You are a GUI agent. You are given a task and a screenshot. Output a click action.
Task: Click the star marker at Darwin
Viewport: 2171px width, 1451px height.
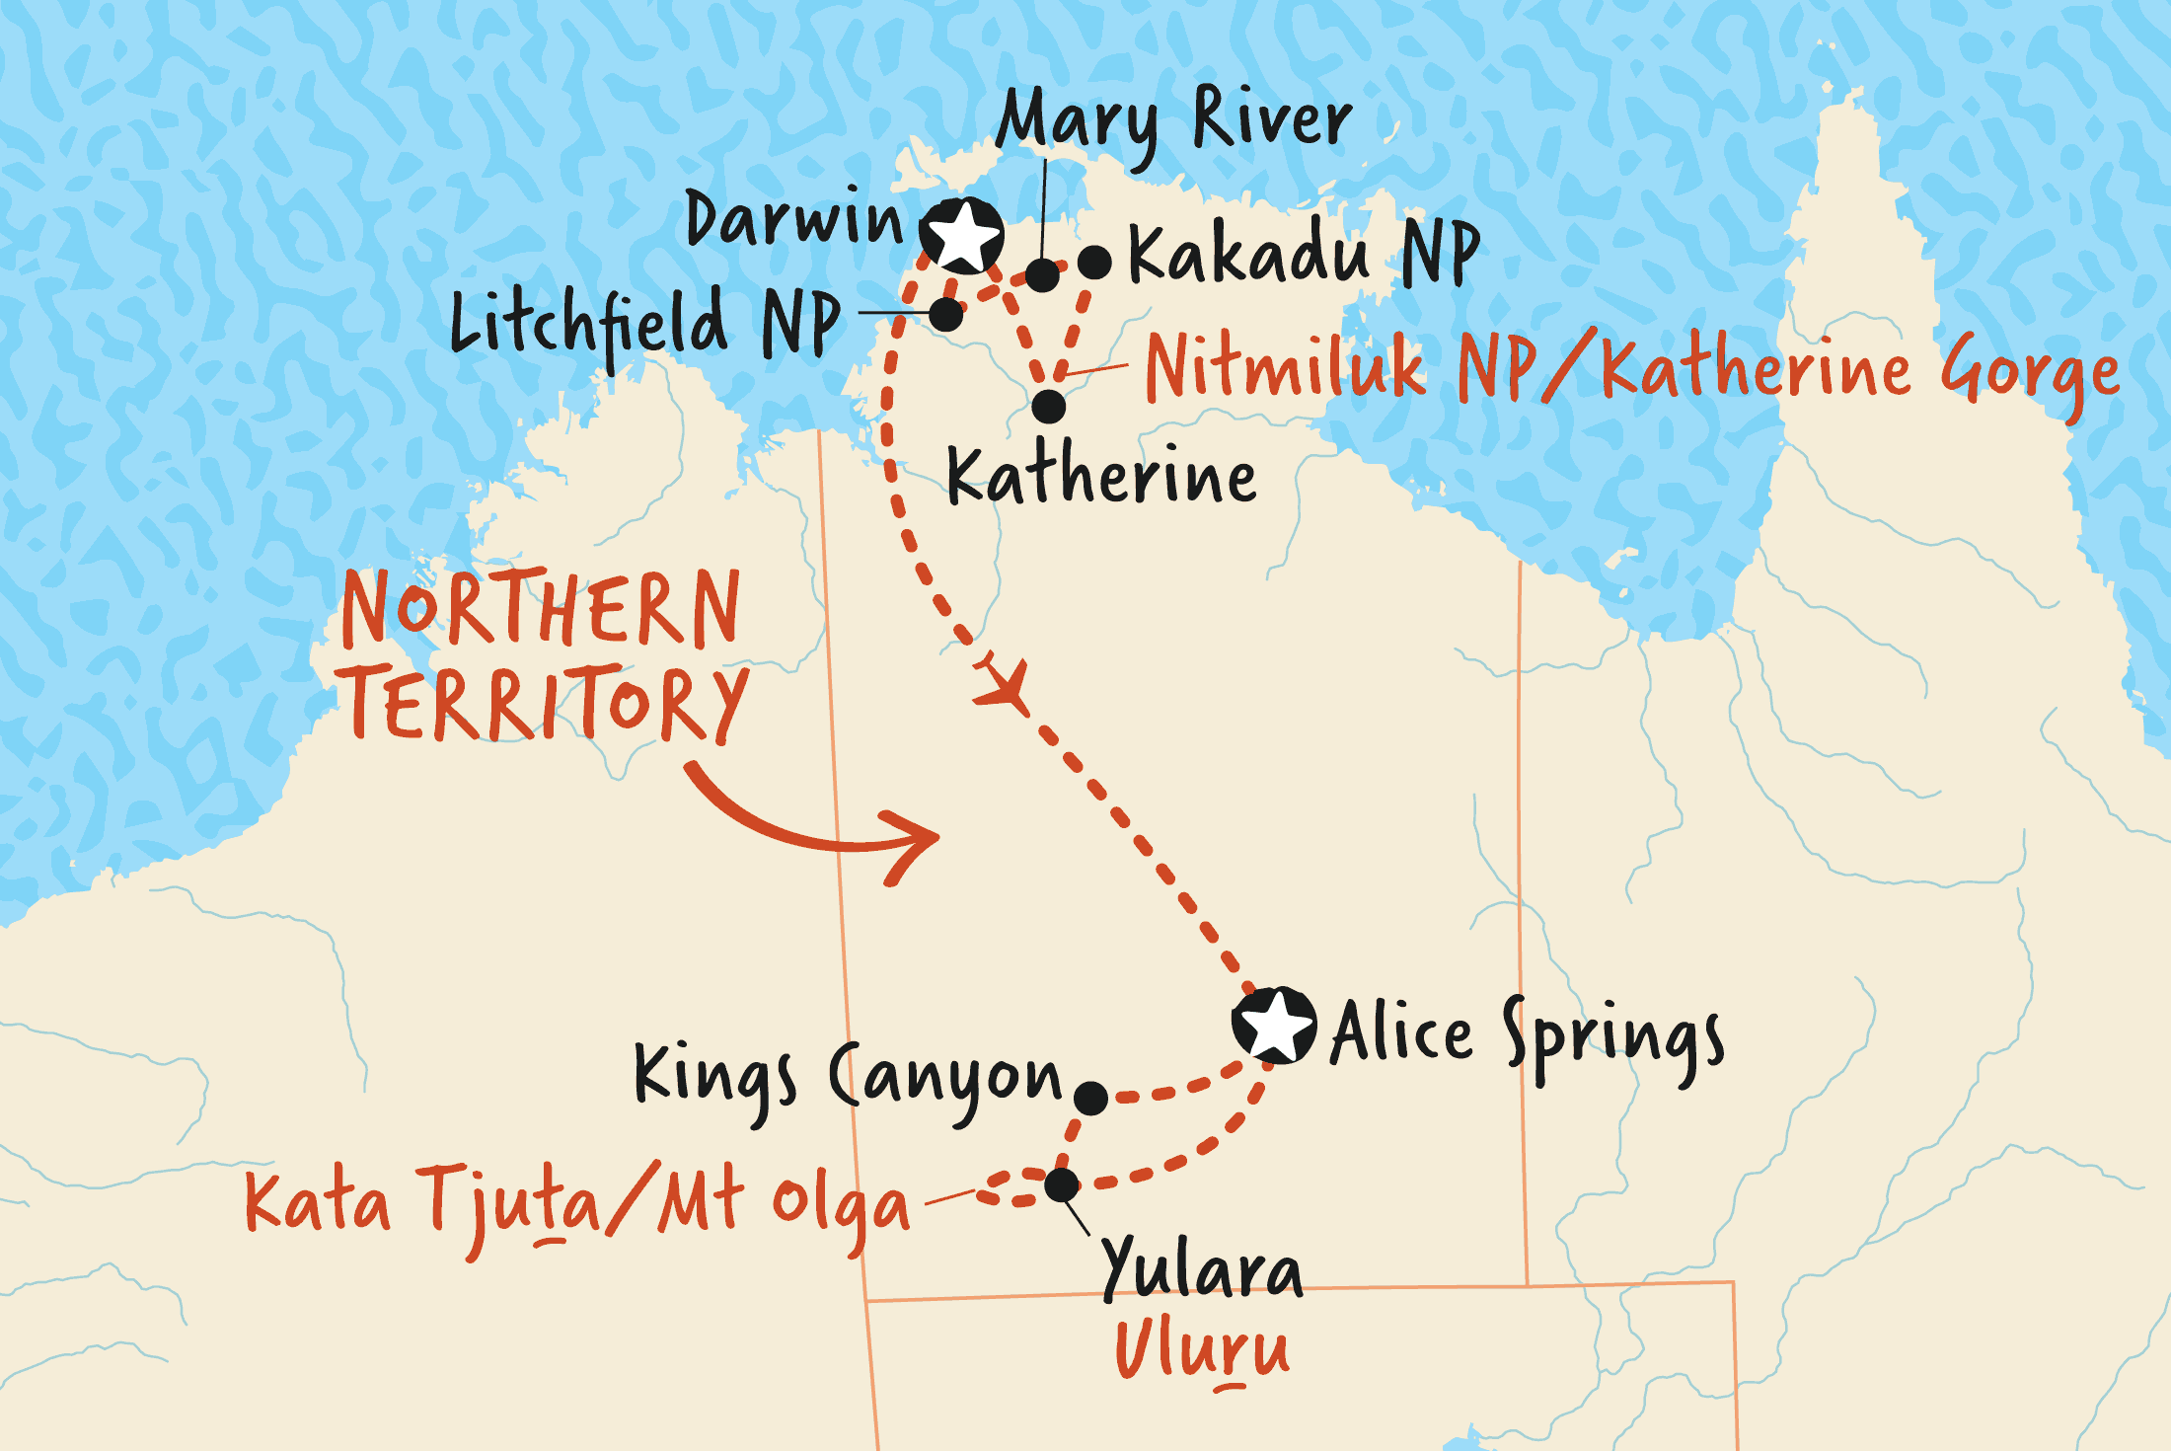pyautogui.click(x=962, y=236)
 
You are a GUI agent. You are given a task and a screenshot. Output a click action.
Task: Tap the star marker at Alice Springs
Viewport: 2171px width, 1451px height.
pyautogui.click(x=1274, y=1026)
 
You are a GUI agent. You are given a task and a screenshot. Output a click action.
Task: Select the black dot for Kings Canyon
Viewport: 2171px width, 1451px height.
pyautogui.click(x=1090, y=1098)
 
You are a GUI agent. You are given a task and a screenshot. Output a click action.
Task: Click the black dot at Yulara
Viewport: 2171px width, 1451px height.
pyautogui.click(x=1062, y=1184)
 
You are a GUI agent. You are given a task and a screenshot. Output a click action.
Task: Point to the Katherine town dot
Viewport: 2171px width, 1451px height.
pyautogui.click(x=1048, y=406)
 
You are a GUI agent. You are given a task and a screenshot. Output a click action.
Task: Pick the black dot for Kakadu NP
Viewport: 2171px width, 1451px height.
pyautogui.click(x=1094, y=263)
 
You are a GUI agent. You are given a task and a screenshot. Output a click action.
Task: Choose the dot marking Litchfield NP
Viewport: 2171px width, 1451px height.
pyautogui.click(x=945, y=315)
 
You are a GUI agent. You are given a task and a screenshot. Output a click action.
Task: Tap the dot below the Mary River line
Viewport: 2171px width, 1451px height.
pyautogui.click(x=1042, y=275)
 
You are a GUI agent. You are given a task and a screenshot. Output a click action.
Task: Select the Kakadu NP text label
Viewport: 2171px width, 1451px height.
pyautogui.click(x=1303, y=254)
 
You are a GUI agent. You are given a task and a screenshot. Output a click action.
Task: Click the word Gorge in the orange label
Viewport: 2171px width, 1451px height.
pyautogui.click(x=2028, y=373)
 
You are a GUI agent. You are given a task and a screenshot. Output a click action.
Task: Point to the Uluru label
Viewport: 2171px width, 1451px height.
pyautogui.click(x=1202, y=1350)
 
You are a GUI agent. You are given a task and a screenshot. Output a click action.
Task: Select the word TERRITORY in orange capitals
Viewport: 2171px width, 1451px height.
pyautogui.click(x=546, y=703)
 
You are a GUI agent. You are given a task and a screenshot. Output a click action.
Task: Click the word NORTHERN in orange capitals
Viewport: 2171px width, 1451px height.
pyautogui.click(x=541, y=608)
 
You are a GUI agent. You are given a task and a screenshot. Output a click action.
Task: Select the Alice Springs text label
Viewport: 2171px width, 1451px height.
pyautogui.click(x=1527, y=1036)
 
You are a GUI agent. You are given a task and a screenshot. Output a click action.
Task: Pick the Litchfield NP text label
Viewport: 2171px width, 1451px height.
pyautogui.click(x=645, y=324)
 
